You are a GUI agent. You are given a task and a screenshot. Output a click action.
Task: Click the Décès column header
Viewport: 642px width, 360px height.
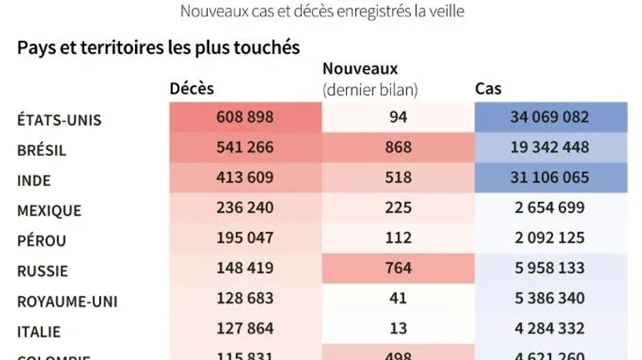(192, 88)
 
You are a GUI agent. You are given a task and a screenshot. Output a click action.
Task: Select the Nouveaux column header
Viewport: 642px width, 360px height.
(360, 68)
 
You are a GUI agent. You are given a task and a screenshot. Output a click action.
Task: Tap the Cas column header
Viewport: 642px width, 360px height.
(488, 88)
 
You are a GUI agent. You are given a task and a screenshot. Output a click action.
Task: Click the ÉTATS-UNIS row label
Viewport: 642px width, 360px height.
(59, 119)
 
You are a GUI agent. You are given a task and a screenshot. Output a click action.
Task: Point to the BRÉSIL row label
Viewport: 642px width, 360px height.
(42, 150)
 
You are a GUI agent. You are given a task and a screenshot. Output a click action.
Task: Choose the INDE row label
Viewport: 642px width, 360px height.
(34, 180)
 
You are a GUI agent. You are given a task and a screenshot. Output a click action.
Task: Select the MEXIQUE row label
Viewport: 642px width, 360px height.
(49, 211)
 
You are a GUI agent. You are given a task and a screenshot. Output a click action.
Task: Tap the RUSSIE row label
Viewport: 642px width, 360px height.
(43, 271)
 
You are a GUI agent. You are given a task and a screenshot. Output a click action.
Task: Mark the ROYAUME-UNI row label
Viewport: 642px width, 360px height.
(66, 301)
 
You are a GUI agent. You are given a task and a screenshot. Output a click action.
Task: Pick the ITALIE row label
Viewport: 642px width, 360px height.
(39, 331)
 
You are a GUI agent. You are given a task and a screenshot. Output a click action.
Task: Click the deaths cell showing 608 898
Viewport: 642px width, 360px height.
(244, 117)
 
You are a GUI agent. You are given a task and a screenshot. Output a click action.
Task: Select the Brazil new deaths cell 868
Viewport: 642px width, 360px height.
(398, 147)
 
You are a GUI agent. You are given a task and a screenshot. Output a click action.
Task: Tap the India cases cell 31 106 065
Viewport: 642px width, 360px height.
(549, 177)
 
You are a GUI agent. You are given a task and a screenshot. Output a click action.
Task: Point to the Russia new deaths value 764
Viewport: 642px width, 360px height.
(398, 268)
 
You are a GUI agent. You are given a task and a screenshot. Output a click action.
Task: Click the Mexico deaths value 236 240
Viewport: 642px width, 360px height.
(244, 208)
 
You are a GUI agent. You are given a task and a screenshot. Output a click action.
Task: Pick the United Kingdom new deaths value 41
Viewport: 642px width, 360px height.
(398, 298)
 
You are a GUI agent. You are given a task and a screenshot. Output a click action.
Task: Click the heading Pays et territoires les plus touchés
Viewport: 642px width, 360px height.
(158, 47)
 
